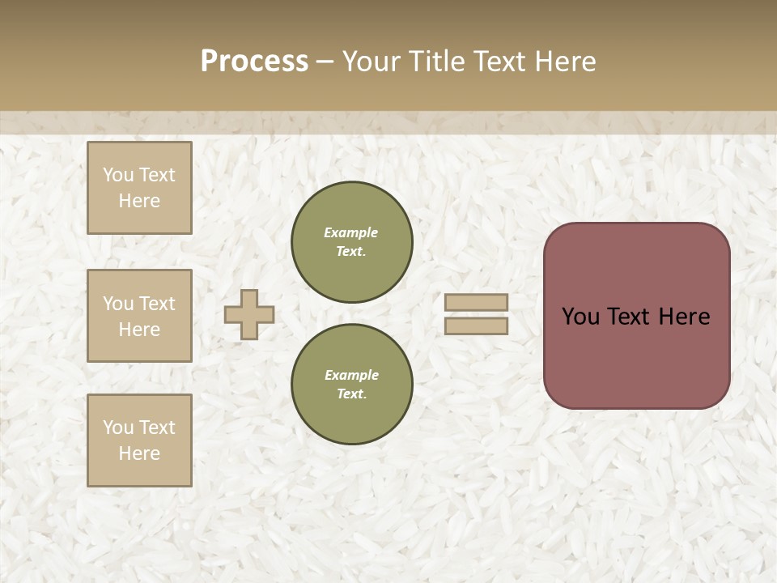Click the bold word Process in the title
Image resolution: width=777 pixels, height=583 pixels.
click(254, 62)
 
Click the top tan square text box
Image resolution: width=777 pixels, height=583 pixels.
click(139, 188)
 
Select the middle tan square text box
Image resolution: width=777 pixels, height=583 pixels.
click(139, 316)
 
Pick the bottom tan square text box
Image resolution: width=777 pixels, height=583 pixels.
click(139, 440)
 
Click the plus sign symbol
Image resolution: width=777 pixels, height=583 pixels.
click(249, 314)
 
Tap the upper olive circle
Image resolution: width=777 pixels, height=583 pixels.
click(352, 241)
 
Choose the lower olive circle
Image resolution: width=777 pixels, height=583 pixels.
click(352, 384)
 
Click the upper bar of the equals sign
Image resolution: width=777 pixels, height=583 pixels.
click(477, 302)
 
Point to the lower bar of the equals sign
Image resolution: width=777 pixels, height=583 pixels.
click(477, 326)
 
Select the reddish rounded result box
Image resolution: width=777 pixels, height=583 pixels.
click(636, 356)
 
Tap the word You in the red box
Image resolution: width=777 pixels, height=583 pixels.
click(580, 317)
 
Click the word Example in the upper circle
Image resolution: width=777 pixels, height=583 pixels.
click(351, 232)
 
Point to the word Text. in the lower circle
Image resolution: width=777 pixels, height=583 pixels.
click(351, 394)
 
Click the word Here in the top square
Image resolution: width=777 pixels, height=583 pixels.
click(139, 201)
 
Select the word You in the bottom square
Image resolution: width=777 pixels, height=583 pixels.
click(118, 428)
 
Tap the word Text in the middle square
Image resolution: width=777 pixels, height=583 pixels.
click(157, 304)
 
